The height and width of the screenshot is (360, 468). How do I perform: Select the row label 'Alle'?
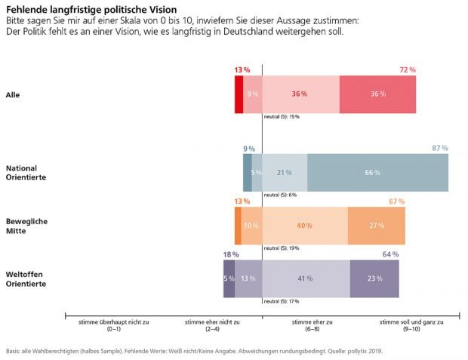tap(13, 94)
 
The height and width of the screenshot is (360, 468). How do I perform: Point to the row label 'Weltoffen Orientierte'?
tap(26, 279)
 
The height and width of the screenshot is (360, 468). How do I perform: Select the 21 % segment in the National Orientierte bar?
tap(285, 172)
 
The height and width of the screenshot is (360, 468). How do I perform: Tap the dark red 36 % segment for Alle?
tap(377, 94)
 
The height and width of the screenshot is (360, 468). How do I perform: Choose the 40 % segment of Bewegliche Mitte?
tap(305, 226)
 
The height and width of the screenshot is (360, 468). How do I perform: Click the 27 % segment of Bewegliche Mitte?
tap(376, 226)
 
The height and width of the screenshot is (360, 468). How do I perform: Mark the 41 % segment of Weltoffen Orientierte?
tap(306, 278)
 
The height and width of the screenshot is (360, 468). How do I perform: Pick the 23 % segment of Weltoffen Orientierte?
tap(374, 278)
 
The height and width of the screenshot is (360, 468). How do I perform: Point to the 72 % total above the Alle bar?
tap(408, 69)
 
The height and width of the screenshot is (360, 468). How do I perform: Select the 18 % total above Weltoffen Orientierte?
tap(231, 254)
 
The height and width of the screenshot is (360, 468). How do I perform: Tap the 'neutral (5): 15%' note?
tap(282, 117)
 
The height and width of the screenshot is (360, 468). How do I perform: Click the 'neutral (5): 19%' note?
tap(282, 248)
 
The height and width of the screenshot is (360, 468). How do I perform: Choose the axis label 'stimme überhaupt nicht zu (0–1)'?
tap(114, 325)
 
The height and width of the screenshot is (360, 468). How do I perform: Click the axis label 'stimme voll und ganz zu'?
tap(411, 322)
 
